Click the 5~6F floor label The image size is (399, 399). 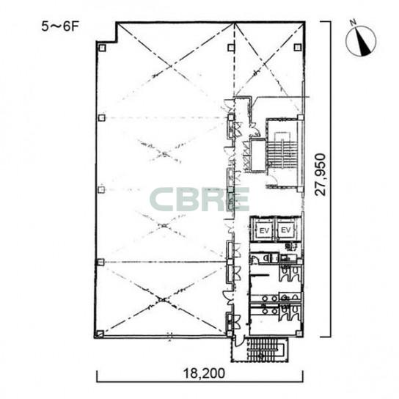click(59, 26)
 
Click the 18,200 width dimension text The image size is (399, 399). click(204, 373)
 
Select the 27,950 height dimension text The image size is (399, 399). click(320, 175)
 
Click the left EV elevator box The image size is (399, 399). click(264, 230)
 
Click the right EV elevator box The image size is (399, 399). click(286, 230)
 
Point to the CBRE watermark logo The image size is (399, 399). click(199, 199)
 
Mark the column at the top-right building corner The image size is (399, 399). click(298, 48)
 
